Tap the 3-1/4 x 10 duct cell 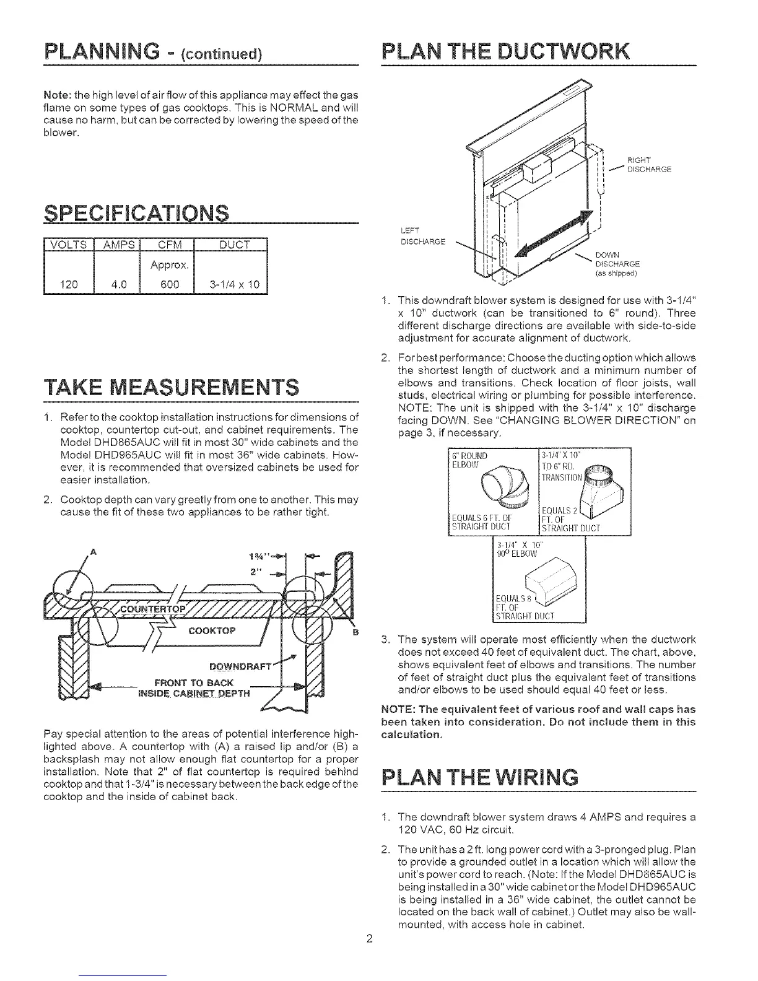pos(230,285)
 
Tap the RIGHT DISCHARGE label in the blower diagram pos(649,167)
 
